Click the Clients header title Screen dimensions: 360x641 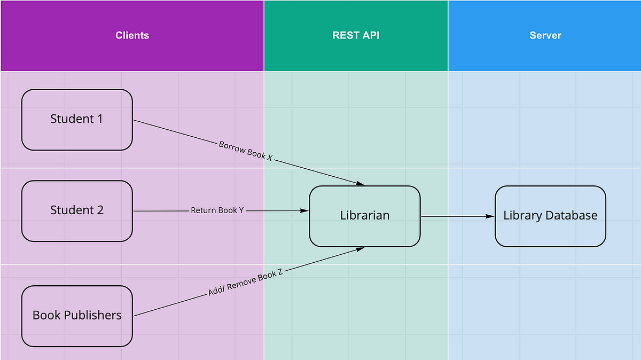(x=132, y=36)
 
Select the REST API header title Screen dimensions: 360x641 (x=356, y=36)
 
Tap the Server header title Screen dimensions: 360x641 (x=545, y=36)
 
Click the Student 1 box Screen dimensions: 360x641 (x=77, y=120)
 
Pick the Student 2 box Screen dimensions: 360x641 (x=77, y=210)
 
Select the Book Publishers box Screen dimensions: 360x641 (x=77, y=316)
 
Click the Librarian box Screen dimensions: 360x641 (x=365, y=216)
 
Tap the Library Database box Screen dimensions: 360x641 (x=550, y=216)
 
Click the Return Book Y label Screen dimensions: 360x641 (x=217, y=210)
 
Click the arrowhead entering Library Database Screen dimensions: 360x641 (x=490, y=216)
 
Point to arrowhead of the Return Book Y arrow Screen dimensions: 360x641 (x=305, y=211)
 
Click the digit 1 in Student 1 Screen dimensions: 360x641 (x=99, y=119)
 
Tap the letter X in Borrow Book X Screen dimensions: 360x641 (x=270, y=159)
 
